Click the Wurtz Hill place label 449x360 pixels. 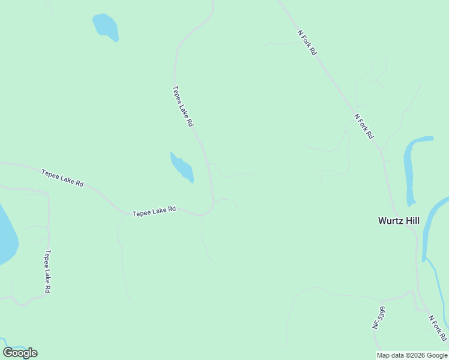click(399, 220)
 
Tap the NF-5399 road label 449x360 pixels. click(378, 317)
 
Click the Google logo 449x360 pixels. click(20, 353)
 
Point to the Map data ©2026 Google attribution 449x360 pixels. click(411, 355)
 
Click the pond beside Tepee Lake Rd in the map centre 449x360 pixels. click(182, 167)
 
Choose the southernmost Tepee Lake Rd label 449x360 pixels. click(47, 271)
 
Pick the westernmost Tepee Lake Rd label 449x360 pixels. click(62, 178)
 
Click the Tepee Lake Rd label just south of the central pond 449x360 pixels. click(154, 211)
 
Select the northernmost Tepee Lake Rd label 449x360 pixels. click(182, 106)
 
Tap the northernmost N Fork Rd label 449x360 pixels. click(306, 43)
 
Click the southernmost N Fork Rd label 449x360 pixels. click(438, 328)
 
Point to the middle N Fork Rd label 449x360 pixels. click(363, 126)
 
